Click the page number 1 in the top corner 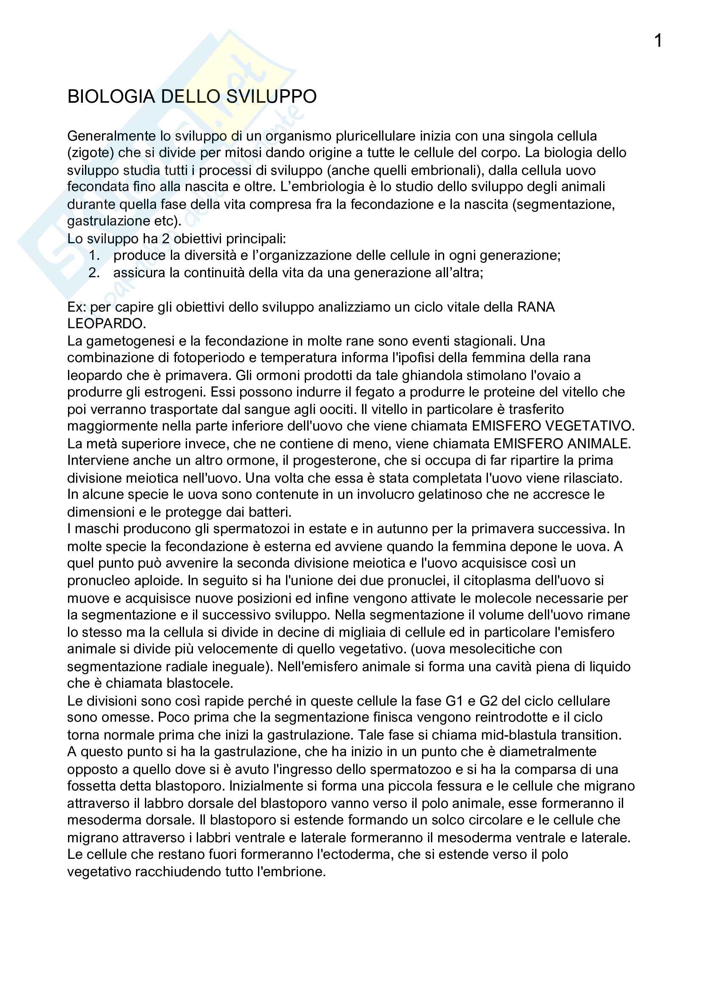click(658, 41)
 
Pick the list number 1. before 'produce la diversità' click(94, 256)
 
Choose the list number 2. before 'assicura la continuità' click(94, 273)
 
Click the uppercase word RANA click(536, 307)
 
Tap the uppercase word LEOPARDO click(106, 324)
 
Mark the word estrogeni click(175, 392)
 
